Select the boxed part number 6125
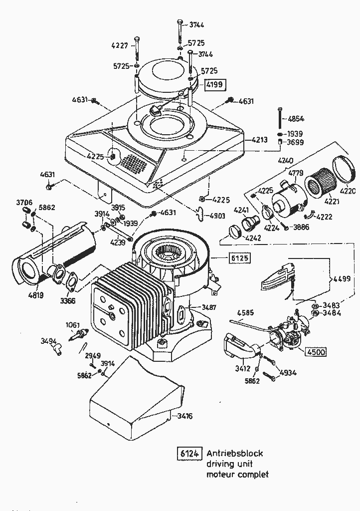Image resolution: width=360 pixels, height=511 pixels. point(239,258)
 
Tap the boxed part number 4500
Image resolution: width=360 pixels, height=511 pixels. point(315,352)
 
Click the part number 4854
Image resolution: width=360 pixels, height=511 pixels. point(296,119)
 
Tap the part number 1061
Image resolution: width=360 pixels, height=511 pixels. point(73,325)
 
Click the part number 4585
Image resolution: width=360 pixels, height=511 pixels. point(246,313)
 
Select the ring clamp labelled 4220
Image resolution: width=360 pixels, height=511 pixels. point(345,168)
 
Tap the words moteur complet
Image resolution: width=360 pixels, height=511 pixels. point(237,474)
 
